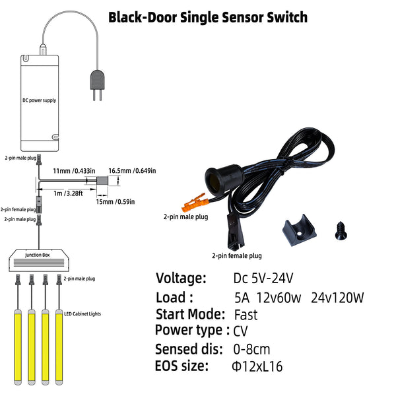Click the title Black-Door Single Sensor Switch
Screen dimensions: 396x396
point(208,18)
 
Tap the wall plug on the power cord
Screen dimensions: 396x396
point(97,85)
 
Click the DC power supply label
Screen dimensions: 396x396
point(40,100)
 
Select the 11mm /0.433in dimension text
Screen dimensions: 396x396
point(74,171)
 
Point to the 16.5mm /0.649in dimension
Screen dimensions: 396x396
point(132,171)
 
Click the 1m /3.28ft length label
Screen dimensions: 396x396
point(68,193)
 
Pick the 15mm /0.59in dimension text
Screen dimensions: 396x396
point(115,202)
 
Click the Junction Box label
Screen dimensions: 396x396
point(38,255)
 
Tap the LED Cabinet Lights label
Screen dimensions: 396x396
point(82,313)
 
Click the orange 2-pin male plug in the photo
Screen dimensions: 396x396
point(195,203)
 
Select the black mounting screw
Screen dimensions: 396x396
point(341,230)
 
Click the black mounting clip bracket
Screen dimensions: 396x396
point(299,230)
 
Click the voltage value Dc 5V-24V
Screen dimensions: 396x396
point(263,279)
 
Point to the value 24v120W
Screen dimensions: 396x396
point(337,298)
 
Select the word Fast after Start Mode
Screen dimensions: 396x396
point(246,315)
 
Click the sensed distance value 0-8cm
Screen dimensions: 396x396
point(251,350)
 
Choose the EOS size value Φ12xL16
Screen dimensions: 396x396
point(257,366)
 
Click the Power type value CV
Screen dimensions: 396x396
point(240,331)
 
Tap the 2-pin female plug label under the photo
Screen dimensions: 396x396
point(237,256)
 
